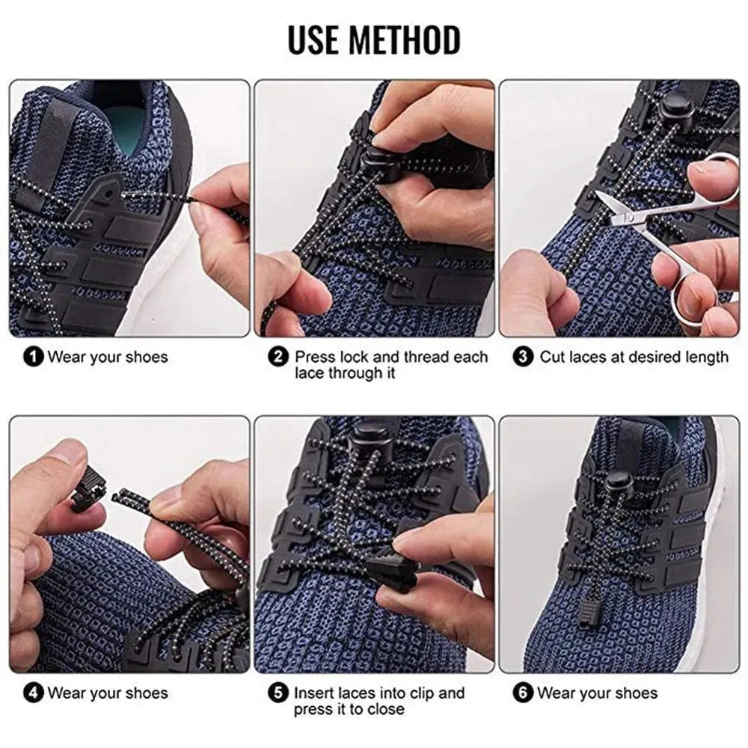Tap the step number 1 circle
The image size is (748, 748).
34,357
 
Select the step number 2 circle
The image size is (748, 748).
279,357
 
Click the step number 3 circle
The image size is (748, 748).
523,357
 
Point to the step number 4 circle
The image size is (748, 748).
34,693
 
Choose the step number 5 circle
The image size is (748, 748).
279,693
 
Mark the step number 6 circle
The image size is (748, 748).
523,693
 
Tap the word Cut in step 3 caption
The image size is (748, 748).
553,357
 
